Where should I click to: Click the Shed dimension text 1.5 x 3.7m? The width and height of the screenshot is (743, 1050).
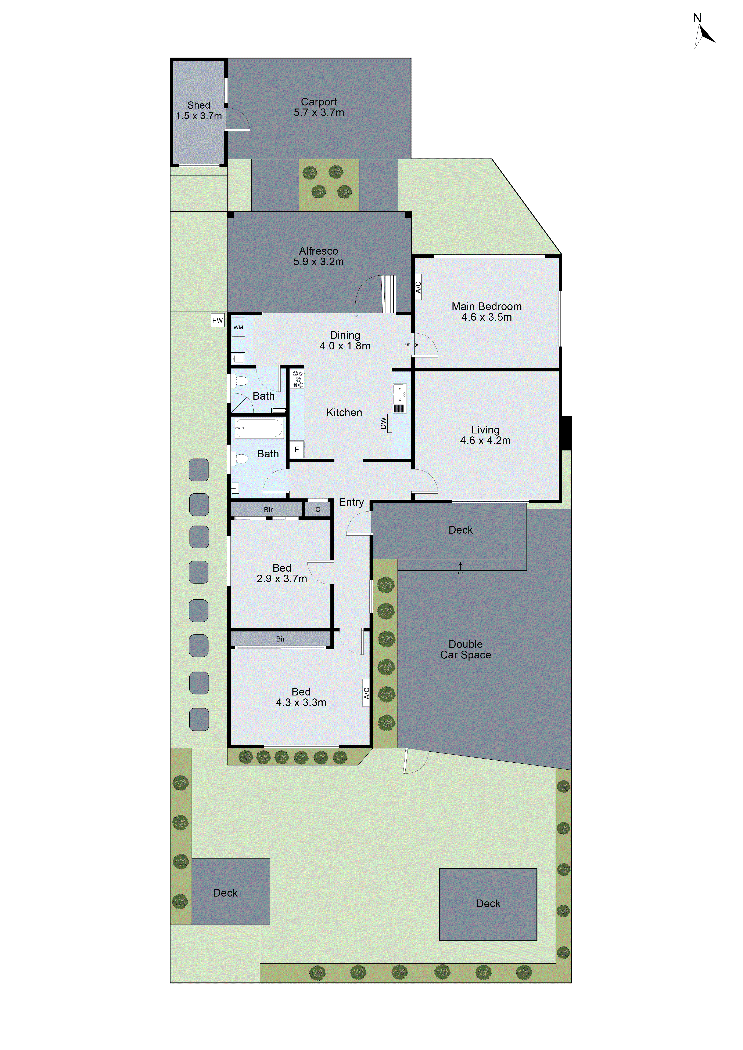199,116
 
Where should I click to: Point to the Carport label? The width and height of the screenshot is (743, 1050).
319,102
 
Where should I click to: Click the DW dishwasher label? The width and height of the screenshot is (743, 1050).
383,424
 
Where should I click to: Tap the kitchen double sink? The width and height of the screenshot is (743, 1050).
399,394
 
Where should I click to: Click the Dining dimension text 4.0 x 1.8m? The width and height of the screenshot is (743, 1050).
345,346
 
